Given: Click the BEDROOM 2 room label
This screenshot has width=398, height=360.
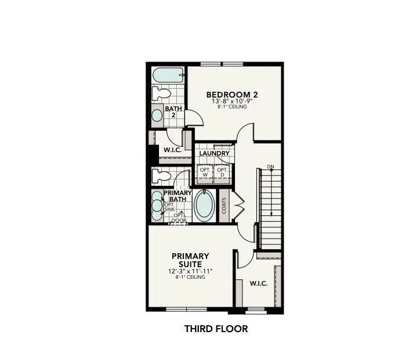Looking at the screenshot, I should [x=232, y=94].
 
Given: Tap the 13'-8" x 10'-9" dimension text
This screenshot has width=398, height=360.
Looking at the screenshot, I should [x=232, y=101].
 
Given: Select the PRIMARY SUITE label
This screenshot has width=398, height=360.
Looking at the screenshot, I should [x=190, y=260].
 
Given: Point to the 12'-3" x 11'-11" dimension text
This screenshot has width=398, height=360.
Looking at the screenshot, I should [x=190, y=271].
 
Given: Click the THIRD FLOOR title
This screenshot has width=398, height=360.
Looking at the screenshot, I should [x=216, y=329].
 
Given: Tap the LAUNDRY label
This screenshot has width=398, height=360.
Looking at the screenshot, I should [x=215, y=154].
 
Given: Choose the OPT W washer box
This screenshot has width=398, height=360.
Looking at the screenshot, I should [x=204, y=172].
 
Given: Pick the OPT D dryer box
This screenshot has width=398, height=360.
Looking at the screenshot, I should [x=222, y=172].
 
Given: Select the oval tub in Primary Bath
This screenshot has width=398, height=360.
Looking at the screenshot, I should [x=203, y=206].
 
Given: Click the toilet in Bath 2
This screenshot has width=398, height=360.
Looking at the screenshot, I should [x=160, y=93].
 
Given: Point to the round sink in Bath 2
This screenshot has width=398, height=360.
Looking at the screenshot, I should [x=157, y=114].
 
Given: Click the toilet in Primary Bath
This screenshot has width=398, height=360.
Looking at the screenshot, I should [x=160, y=175].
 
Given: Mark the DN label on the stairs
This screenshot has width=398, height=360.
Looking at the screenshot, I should [x=270, y=167].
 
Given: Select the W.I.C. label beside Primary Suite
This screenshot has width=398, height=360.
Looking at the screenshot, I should [x=258, y=283].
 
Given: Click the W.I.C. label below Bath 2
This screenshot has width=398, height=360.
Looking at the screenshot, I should [x=172, y=150].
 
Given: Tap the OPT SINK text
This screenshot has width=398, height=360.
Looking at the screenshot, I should [x=169, y=207].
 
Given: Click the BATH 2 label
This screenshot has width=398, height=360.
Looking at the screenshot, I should [x=173, y=111].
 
